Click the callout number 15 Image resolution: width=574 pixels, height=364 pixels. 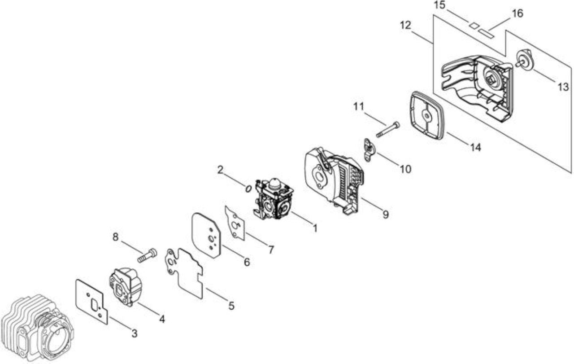(x=440, y=5)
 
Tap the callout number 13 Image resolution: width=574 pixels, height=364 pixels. (x=563, y=87)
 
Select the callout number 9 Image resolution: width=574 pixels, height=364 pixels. (x=385, y=214)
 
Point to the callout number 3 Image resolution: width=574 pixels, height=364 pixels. (x=134, y=333)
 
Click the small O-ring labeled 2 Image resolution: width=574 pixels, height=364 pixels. (x=248, y=189)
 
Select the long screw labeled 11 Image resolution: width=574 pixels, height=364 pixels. (x=388, y=129)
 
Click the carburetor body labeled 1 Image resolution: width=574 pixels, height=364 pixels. (x=274, y=199)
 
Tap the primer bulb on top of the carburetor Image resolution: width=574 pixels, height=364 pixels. (x=274, y=182)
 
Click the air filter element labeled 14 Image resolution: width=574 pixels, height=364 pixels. (x=426, y=116)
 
